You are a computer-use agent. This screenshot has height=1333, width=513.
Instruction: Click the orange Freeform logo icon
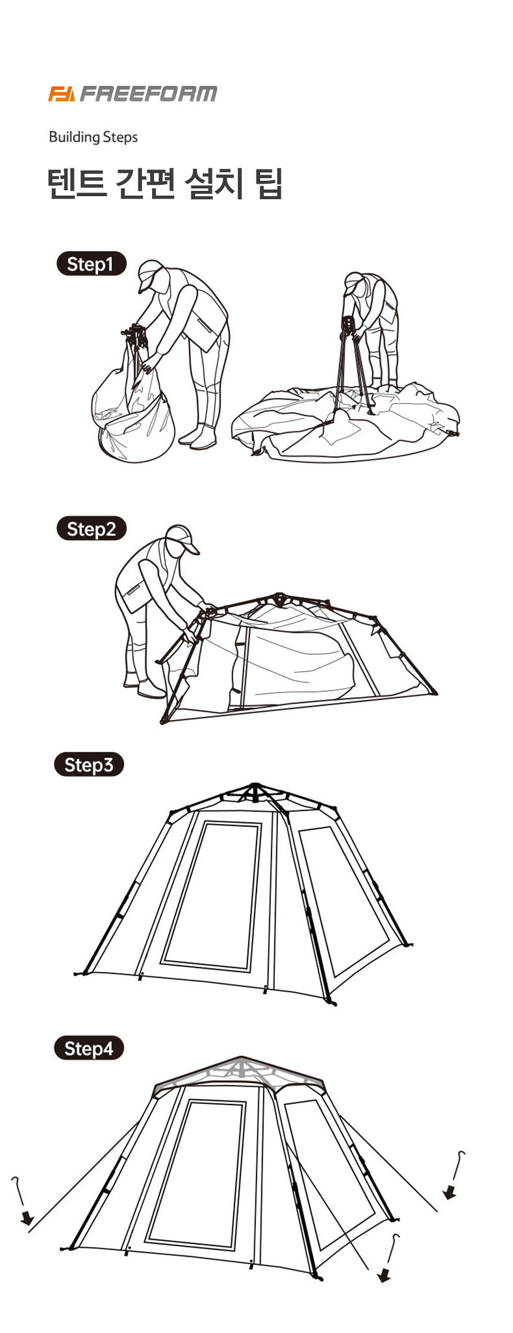(x=61, y=94)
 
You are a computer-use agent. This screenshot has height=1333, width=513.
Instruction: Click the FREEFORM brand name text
(x=149, y=94)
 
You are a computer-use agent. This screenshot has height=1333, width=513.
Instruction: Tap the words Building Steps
(x=93, y=137)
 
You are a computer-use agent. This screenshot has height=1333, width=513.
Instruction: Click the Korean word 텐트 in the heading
(x=77, y=184)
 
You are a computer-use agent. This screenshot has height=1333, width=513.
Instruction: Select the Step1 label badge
(x=91, y=264)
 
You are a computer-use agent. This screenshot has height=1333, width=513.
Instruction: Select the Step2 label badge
(x=91, y=529)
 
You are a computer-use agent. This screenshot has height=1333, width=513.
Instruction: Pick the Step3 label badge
(x=89, y=765)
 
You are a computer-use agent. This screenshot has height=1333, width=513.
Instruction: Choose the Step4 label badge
(x=89, y=1049)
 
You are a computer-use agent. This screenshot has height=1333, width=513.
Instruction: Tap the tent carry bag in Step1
(x=132, y=406)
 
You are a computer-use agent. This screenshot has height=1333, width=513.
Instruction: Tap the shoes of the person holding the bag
(x=197, y=435)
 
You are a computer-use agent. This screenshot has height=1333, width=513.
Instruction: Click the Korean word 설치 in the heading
(x=215, y=184)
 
